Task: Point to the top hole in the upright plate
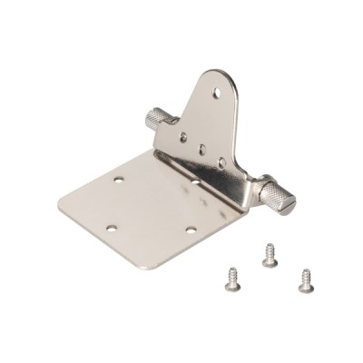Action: (x=216, y=93)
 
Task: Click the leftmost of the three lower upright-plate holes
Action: (x=184, y=136)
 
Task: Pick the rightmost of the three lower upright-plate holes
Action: (x=221, y=162)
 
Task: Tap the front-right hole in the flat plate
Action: (x=191, y=230)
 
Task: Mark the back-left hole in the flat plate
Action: (x=119, y=180)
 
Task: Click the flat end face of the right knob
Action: (x=287, y=204)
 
